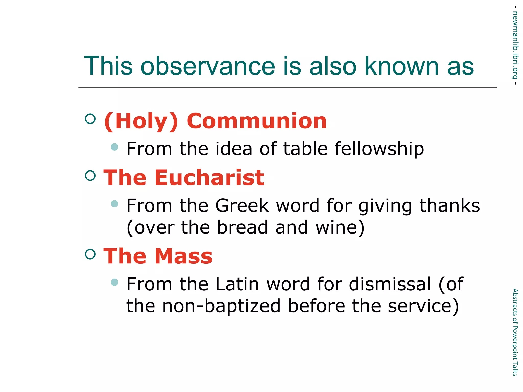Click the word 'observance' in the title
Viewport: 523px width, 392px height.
[208, 66]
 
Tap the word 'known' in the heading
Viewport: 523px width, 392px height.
[402, 66]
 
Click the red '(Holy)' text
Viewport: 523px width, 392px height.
[141, 121]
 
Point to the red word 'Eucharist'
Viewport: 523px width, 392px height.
[209, 178]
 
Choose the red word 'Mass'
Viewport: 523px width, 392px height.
[184, 256]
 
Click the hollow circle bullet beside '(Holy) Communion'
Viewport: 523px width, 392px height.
[90, 119]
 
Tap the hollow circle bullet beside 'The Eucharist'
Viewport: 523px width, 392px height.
[90, 176]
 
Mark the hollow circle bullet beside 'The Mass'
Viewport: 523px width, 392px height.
[90, 254]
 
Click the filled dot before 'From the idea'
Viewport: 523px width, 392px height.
[115, 147]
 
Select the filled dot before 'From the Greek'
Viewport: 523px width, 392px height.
[115, 204]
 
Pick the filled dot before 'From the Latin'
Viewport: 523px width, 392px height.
[115, 282]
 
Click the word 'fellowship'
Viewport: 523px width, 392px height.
[379, 149]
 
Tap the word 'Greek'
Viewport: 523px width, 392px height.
[242, 206]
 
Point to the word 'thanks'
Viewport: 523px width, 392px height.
[449, 206]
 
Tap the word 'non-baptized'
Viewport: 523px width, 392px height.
[221, 306]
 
